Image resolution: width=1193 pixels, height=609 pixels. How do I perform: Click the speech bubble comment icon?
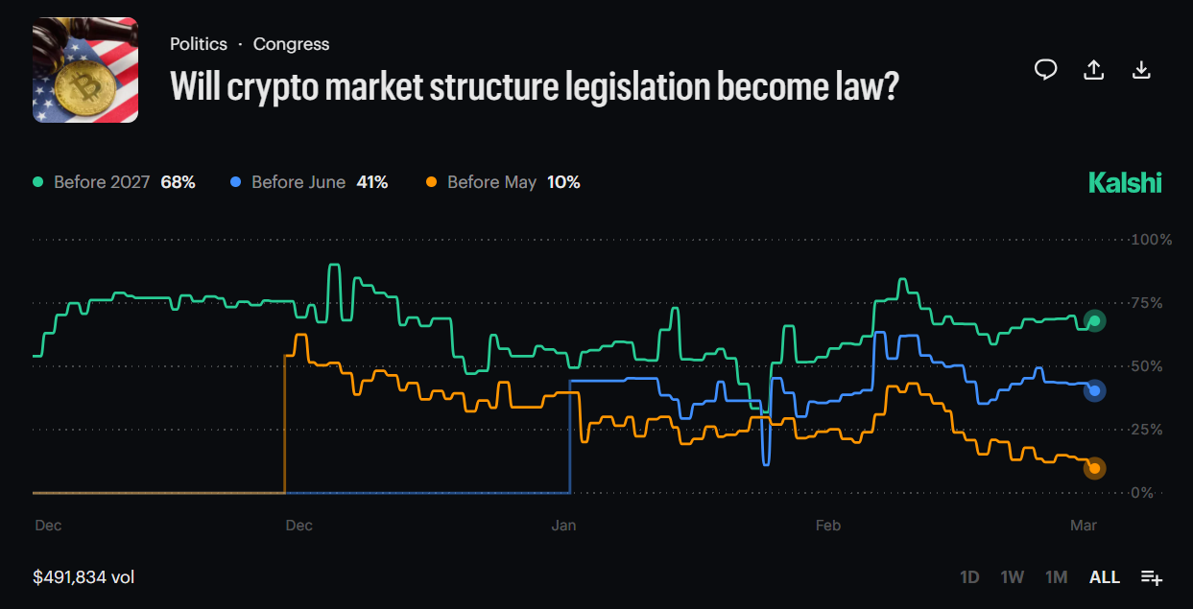click(1045, 69)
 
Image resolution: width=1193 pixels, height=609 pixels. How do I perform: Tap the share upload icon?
click(1093, 69)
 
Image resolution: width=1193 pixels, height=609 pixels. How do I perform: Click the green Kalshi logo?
click(1125, 182)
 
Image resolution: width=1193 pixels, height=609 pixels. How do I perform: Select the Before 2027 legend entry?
click(114, 182)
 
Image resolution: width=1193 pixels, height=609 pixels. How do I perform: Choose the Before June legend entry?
click(309, 182)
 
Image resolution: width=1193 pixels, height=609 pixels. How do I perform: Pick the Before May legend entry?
click(503, 182)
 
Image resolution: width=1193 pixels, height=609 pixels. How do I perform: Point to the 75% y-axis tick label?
click(1152, 303)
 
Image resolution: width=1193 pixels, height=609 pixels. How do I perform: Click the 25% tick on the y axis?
click(1152, 430)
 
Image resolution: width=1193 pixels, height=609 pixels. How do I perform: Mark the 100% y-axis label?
click(1152, 240)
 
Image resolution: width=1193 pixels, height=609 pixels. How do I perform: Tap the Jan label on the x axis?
click(563, 526)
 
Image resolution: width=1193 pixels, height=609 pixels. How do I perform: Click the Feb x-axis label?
click(827, 526)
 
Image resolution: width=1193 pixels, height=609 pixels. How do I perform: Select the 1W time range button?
click(1013, 576)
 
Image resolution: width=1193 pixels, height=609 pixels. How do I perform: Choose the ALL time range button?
click(1105, 576)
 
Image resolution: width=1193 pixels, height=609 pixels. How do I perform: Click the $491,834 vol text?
click(84, 576)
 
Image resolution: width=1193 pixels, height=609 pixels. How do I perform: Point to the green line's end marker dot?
click(1094, 320)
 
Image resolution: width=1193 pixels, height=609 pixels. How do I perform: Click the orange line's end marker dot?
click(1094, 468)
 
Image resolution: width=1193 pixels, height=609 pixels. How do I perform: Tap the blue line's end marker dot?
click(1094, 390)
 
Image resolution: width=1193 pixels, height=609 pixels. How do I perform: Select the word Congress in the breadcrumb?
click(291, 44)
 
